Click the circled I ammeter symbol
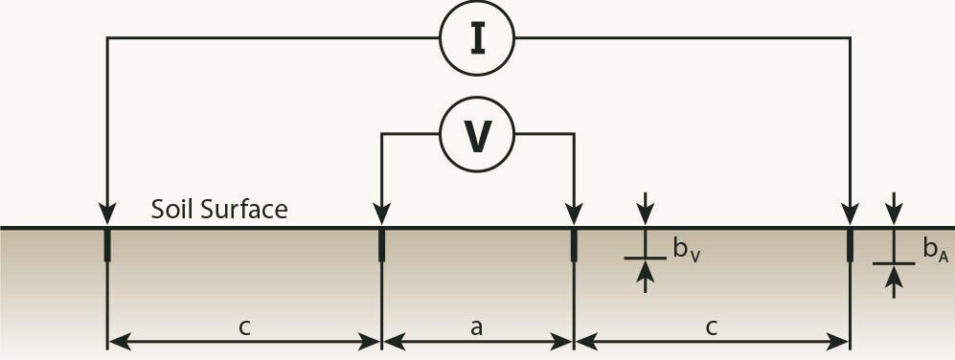click(x=477, y=38)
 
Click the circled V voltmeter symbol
click(x=477, y=136)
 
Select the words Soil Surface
click(x=219, y=209)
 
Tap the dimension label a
click(x=476, y=326)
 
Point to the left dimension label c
click(x=244, y=326)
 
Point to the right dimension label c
click(x=712, y=326)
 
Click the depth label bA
click(x=935, y=250)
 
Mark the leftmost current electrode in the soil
click(x=106, y=244)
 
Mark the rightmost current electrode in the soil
click(x=850, y=244)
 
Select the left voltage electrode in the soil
click(x=381, y=244)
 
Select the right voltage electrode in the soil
click(x=574, y=244)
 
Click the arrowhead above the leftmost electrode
click(x=106, y=215)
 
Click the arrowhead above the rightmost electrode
click(x=850, y=215)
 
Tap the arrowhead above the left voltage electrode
click(x=381, y=215)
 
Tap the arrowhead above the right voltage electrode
click(x=574, y=215)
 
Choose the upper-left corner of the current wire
click(x=106, y=38)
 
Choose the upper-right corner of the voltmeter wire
click(x=574, y=135)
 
